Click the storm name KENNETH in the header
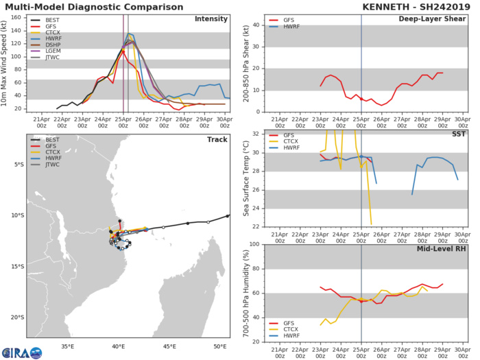[x=389, y=6]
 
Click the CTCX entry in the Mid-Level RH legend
[x=283, y=330]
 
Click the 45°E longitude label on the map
[x=169, y=346]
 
